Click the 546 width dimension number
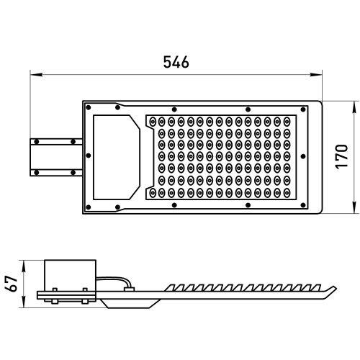176,63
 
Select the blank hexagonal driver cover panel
115,156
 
